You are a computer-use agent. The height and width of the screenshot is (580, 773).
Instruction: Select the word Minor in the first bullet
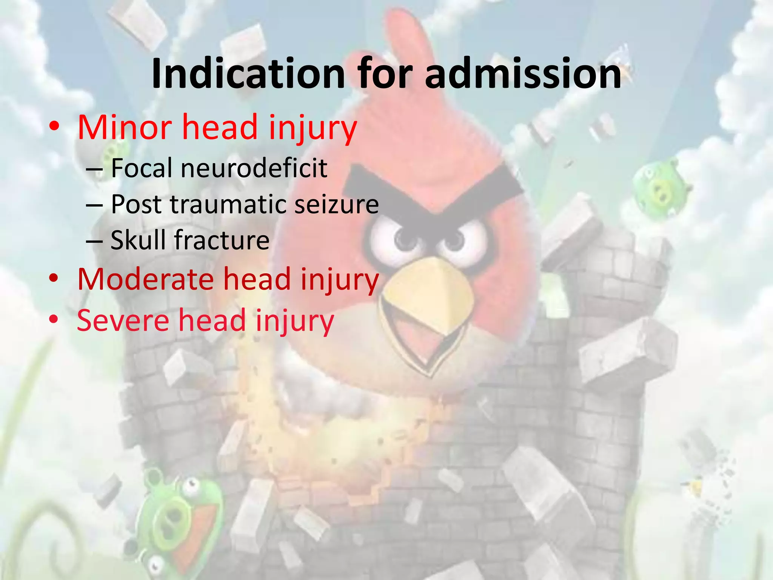pyautogui.click(x=125, y=128)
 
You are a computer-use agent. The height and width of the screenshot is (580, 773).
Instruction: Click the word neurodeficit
pyautogui.click(x=254, y=168)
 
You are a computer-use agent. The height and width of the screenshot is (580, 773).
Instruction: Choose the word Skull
pyautogui.click(x=138, y=240)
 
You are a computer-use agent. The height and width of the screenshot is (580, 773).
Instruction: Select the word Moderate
pyautogui.click(x=145, y=279)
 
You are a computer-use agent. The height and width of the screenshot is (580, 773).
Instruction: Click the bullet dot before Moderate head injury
pyautogui.click(x=54, y=279)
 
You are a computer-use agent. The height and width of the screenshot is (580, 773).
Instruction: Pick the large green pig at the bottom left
pyautogui.click(x=177, y=517)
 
